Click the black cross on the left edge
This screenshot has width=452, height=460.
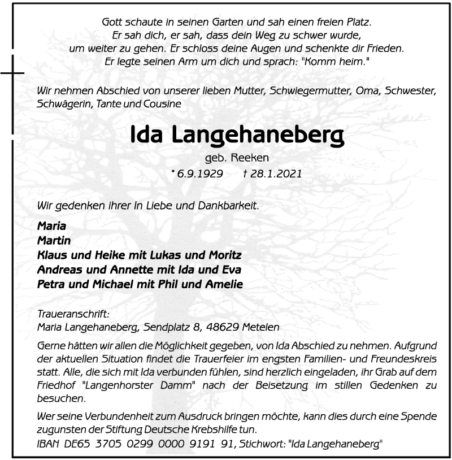[12, 73]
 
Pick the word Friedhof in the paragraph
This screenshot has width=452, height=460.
[56, 385]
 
